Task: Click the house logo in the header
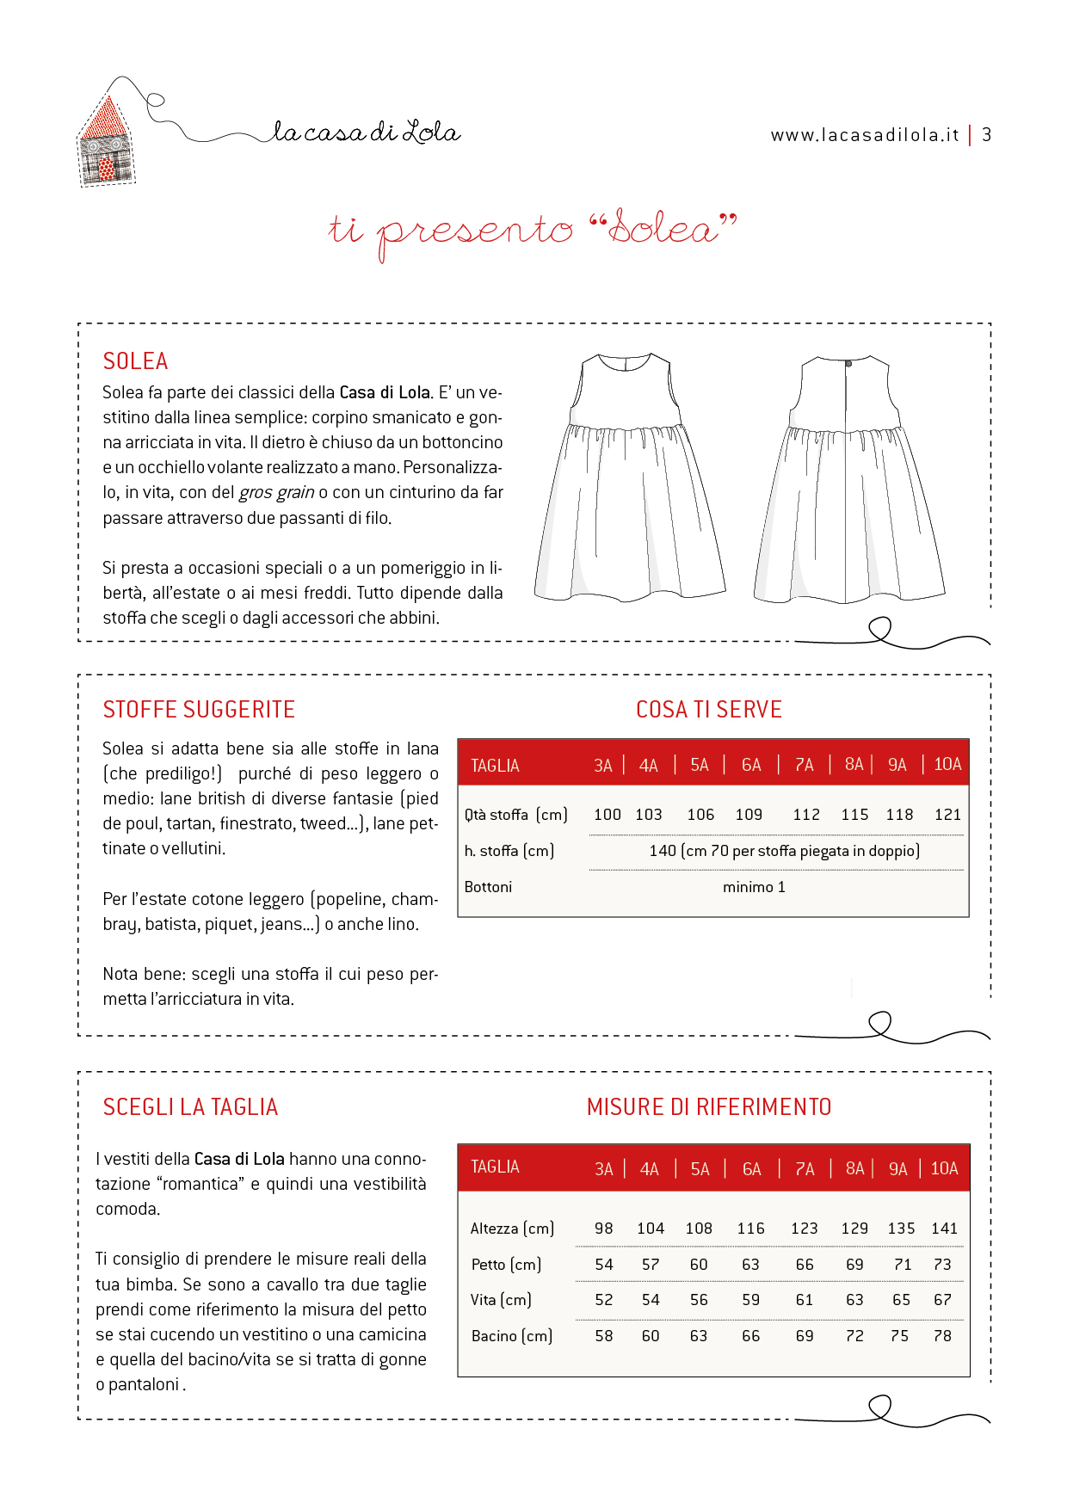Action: point(107,142)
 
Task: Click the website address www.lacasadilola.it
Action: point(864,135)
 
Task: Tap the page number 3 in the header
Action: point(987,135)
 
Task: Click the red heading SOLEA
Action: point(135,361)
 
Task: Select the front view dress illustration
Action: point(629,477)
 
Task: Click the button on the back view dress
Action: point(848,365)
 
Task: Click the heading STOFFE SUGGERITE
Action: point(199,710)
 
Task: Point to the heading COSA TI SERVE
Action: point(709,710)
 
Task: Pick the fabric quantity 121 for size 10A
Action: point(947,815)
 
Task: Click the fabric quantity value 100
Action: point(607,815)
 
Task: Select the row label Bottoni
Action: point(488,887)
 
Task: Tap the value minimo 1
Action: point(754,887)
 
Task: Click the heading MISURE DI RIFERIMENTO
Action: point(709,1107)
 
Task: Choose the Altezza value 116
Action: point(750,1229)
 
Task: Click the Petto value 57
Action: point(651,1265)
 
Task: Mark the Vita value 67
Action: point(943,1300)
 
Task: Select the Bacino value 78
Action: point(943,1336)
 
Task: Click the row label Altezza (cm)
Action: point(512,1229)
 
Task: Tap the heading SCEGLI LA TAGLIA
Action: point(190,1107)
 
